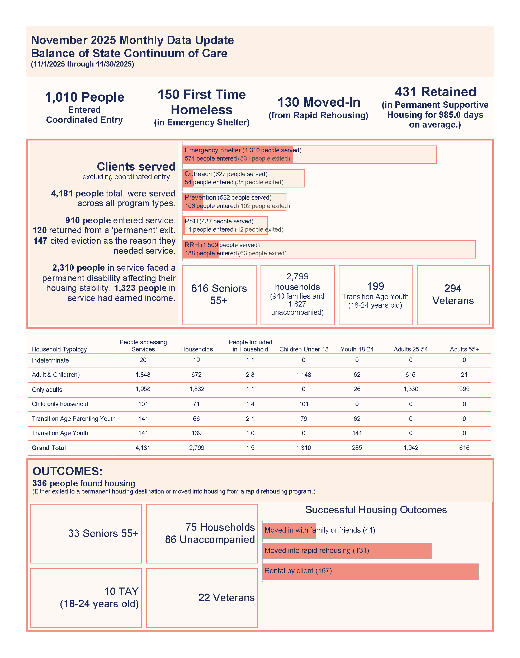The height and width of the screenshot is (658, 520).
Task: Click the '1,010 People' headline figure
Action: point(85,97)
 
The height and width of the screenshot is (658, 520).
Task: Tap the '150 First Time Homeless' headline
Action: point(202,102)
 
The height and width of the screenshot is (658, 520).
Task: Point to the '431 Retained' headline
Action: point(435,92)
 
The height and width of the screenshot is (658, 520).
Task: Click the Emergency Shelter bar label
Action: point(243,151)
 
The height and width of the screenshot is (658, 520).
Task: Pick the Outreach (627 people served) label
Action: point(226,174)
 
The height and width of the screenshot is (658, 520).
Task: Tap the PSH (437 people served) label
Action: point(219,221)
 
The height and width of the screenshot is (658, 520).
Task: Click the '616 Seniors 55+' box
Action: point(219,294)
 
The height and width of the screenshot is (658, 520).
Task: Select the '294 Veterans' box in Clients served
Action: point(453,294)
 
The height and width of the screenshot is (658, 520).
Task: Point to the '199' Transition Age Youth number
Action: point(375,286)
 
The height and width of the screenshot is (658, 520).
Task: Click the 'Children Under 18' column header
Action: point(304,349)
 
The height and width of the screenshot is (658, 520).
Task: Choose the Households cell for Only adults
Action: point(196,389)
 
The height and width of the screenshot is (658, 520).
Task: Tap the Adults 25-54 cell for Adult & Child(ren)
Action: point(410,374)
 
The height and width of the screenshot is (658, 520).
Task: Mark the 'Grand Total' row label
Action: point(49,448)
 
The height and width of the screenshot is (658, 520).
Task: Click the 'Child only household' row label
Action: point(60,404)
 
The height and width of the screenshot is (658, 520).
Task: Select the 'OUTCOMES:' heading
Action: point(68,471)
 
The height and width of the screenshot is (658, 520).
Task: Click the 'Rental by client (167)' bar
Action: point(370,571)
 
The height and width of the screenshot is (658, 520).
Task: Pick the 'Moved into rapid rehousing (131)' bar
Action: point(347,551)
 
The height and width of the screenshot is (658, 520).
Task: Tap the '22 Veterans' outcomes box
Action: point(226,598)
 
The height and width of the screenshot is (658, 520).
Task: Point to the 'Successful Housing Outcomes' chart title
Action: point(376,510)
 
